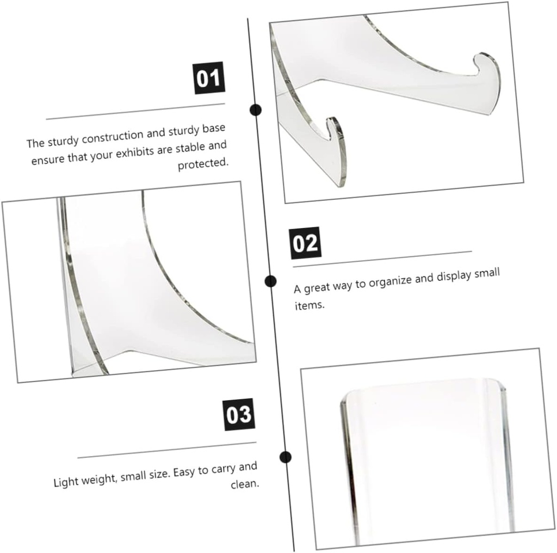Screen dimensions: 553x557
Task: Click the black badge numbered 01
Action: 209,78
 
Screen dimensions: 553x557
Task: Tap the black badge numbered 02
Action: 305,243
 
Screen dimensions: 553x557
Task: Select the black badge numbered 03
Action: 239,415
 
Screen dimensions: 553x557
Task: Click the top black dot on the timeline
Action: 255,110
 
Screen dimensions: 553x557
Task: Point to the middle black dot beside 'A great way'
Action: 270,281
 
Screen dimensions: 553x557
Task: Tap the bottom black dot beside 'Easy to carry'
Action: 285,457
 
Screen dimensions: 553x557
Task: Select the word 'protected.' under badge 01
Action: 203,164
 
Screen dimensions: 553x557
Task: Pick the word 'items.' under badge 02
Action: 310,305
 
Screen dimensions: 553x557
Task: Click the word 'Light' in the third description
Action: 65,482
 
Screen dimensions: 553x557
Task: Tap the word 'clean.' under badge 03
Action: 245,484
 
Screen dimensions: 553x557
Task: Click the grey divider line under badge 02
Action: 382,259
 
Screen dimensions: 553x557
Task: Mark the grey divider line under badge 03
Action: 167,450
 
